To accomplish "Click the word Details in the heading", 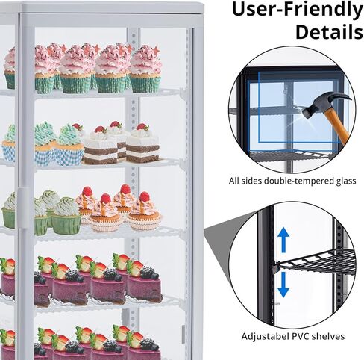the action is pyautogui.click(x=329, y=31).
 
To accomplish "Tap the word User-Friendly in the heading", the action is pyautogui.click(x=298, y=10).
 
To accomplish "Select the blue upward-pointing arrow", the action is pyautogui.click(x=283, y=240).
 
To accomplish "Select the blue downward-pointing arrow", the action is pyautogui.click(x=283, y=285).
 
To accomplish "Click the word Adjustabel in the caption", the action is pyautogui.click(x=265, y=337).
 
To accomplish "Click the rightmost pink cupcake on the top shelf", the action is pyautogui.click(x=145, y=69).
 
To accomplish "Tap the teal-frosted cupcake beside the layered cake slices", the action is pyautogui.click(x=69, y=145).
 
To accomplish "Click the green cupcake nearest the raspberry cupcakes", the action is pyautogui.click(x=66, y=216).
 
